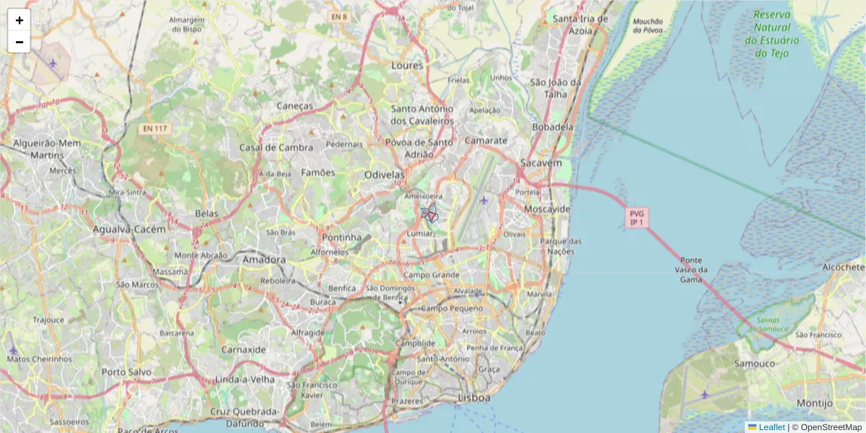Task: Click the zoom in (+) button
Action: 19,20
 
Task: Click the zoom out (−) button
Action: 19,42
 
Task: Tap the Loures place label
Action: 407,66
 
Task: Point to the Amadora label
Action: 264,259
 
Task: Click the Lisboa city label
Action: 474,398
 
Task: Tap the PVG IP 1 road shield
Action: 637,218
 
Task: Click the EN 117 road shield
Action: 154,128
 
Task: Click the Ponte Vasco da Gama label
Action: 691,270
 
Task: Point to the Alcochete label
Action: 843,267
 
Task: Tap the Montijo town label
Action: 815,403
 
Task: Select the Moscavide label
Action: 546,209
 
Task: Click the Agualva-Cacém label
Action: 129,229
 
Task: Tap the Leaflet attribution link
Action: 771,427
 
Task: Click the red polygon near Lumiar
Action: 432,215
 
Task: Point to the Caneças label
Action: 296,105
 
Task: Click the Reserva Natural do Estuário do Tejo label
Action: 772,34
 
